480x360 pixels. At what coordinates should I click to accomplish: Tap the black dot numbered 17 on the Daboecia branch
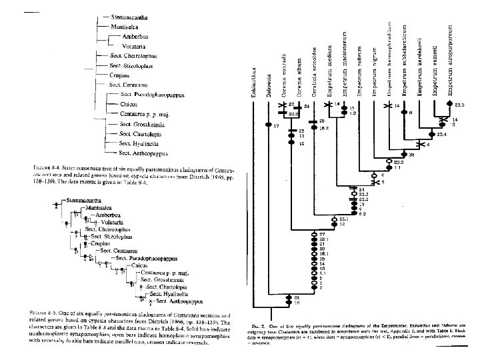pyautogui.click(x=269, y=125)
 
